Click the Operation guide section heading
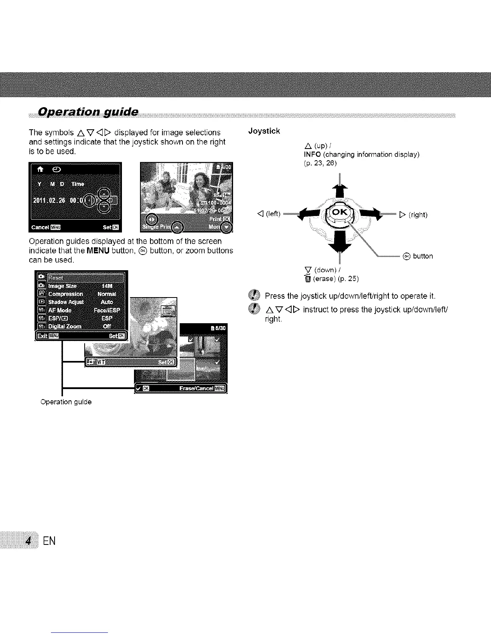pyautogui.click(x=88, y=112)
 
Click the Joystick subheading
pyautogui.click(x=264, y=131)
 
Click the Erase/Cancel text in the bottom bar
pyautogui.click(x=197, y=388)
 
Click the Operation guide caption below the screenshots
pyautogui.click(x=66, y=402)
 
